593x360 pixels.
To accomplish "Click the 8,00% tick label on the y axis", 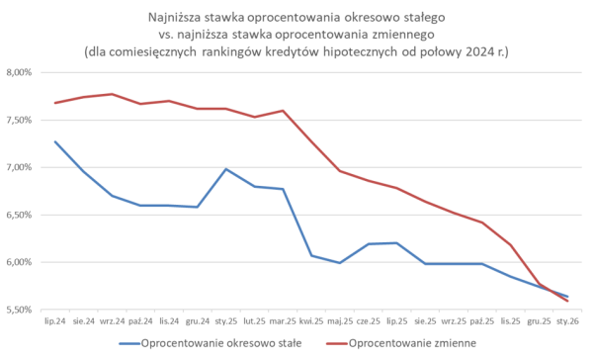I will point(20,72).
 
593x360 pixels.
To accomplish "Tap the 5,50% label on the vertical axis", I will point(20,310).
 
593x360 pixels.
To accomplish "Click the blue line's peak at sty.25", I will point(226,169).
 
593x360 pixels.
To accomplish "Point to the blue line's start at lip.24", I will point(55,141).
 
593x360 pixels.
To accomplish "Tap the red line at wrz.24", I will point(112,94).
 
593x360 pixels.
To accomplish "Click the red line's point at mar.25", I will point(283,111).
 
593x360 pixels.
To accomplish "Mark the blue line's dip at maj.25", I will point(340,263).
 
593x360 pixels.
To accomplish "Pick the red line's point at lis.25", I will point(510,244).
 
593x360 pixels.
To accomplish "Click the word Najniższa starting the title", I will point(180,17).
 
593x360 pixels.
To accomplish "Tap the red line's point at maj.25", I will point(340,171).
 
